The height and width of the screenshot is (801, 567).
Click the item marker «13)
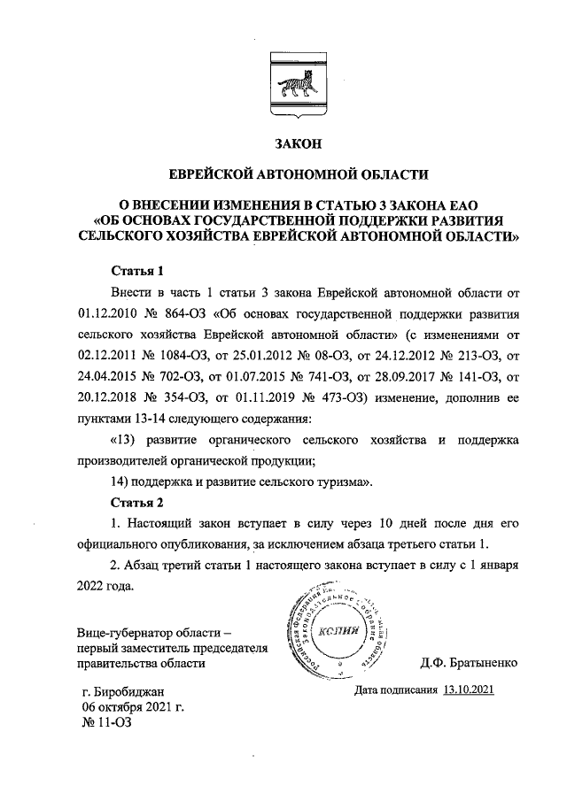click(x=123, y=440)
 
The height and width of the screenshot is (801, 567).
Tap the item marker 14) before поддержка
click(x=120, y=482)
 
